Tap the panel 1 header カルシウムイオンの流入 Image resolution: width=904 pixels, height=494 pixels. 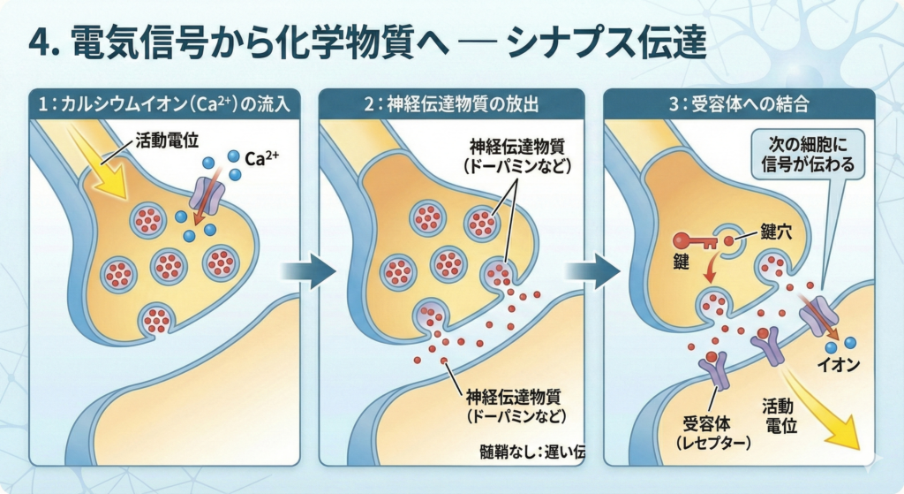pyautogui.click(x=164, y=103)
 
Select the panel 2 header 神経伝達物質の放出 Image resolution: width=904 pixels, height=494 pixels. pyautogui.click(x=450, y=103)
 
